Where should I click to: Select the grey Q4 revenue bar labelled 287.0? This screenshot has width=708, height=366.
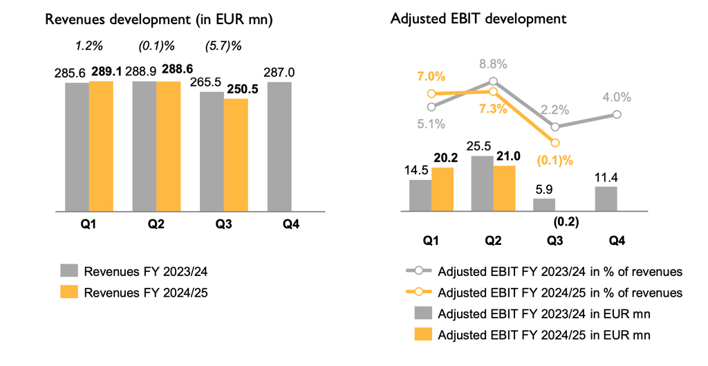click(x=279, y=145)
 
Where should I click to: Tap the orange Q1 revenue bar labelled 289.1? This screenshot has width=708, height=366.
click(x=101, y=145)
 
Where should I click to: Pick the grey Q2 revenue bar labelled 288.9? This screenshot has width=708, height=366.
click(x=144, y=145)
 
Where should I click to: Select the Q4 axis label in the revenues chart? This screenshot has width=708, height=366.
click(x=279, y=223)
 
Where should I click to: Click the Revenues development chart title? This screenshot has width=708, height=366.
click(x=158, y=19)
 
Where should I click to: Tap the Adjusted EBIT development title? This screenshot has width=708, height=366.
click(x=478, y=19)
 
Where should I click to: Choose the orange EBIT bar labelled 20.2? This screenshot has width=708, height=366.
click(x=442, y=188)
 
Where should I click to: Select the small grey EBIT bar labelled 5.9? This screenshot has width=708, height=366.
click(x=544, y=204)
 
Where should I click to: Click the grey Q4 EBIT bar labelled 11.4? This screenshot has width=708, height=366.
click(x=606, y=198)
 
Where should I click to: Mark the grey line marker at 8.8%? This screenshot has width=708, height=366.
click(x=493, y=81)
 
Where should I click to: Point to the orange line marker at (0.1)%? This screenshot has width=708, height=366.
click(x=555, y=143)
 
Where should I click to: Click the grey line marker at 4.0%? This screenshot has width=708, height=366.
click(x=617, y=115)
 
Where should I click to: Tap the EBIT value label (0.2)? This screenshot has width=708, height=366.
click(x=566, y=222)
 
